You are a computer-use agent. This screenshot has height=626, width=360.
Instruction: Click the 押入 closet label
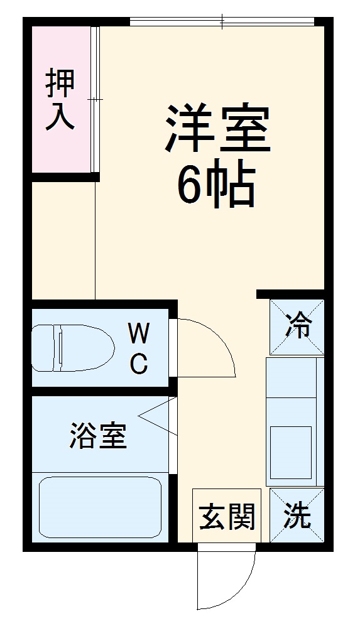click(x=61, y=100)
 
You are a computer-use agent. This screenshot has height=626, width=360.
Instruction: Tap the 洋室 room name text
click(x=217, y=129)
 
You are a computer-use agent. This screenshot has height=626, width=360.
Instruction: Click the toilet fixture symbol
click(x=72, y=347)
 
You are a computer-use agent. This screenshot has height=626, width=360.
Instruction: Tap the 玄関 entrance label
click(x=227, y=519)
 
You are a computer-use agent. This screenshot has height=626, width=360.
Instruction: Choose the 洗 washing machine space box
click(x=297, y=516)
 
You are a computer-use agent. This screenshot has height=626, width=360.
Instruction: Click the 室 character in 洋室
click(x=244, y=129)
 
